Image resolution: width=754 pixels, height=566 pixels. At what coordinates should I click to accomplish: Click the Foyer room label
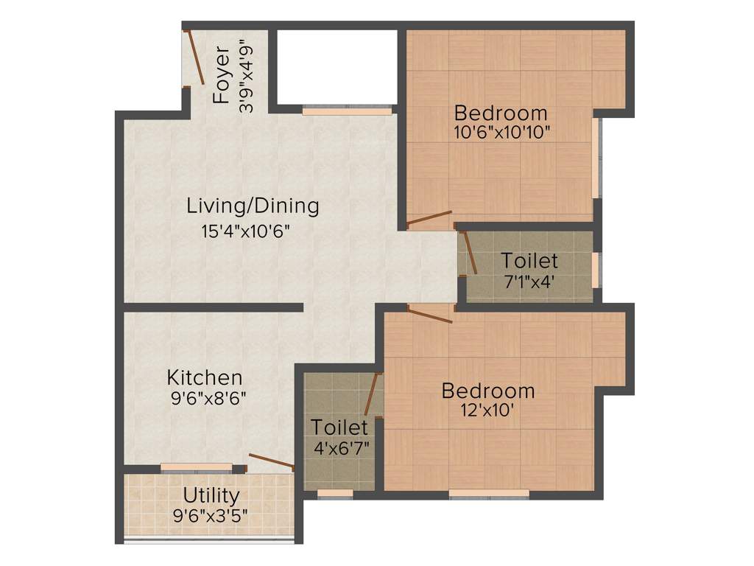tap(222, 74)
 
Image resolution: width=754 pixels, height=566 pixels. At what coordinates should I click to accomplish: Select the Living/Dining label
tap(253, 206)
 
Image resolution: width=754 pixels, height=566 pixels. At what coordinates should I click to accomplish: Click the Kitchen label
tap(205, 378)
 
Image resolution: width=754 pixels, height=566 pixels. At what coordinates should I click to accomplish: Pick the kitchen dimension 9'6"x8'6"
tap(207, 399)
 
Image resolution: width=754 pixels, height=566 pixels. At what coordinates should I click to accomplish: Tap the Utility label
tap(211, 495)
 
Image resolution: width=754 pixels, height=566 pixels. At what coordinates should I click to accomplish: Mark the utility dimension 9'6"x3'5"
tap(211, 515)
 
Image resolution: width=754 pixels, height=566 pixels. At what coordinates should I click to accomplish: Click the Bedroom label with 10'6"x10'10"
tap(501, 113)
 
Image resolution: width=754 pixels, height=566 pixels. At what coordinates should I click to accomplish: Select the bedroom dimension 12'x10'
tap(488, 411)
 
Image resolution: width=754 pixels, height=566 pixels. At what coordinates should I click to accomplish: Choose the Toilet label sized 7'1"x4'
tap(529, 261)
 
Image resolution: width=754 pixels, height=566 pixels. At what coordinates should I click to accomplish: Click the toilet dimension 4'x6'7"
tap(339, 447)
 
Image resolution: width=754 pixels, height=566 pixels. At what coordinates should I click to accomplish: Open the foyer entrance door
tap(195, 57)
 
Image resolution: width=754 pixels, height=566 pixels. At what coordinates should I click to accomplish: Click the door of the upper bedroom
tap(429, 217)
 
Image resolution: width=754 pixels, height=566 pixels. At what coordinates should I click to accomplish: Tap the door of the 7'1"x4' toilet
tap(468, 253)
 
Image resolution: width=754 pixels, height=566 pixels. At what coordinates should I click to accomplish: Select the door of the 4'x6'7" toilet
tap(372, 394)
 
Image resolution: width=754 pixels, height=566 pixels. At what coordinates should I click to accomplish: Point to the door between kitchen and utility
tap(272, 461)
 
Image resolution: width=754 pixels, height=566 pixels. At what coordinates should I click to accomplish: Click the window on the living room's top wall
tap(346, 111)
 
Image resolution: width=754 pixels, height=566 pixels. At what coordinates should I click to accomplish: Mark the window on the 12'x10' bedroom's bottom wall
tap(489, 493)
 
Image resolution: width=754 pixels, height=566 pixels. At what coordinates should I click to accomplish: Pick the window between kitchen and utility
tap(197, 467)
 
